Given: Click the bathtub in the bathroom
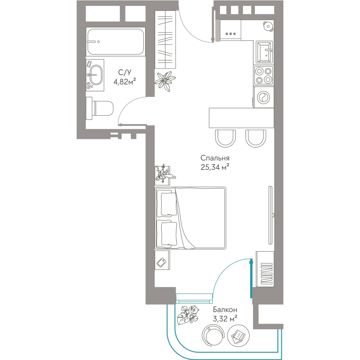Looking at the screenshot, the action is pyautogui.click(x=116, y=41).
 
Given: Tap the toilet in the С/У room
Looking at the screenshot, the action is pyautogui.click(x=100, y=108).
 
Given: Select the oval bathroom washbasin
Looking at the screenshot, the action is pyautogui.click(x=96, y=75).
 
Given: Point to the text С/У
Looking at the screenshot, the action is pyautogui.click(x=125, y=72).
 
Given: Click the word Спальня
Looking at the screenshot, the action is pyautogui.click(x=215, y=158).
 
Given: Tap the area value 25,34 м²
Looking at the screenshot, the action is pyautogui.click(x=215, y=167).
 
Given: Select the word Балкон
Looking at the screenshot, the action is pyautogui.click(x=225, y=310).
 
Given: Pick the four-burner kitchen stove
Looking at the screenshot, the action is pyautogui.click(x=264, y=75).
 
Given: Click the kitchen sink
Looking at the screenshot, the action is pyautogui.click(x=264, y=52).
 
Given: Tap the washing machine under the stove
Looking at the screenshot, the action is pyautogui.click(x=264, y=97).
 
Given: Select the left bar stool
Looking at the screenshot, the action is pyautogui.click(x=225, y=139).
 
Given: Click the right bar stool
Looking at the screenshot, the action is pyautogui.click(x=256, y=139).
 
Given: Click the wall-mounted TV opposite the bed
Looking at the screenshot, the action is pyautogui.click(x=271, y=215).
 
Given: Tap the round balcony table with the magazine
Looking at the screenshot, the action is pyautogui.click(x=238, y=336).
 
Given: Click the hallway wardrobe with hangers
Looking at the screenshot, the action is pyautogui.click(x=166, y=40).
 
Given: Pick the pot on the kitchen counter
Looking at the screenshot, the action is pyautogui.click(x=268, y=26).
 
